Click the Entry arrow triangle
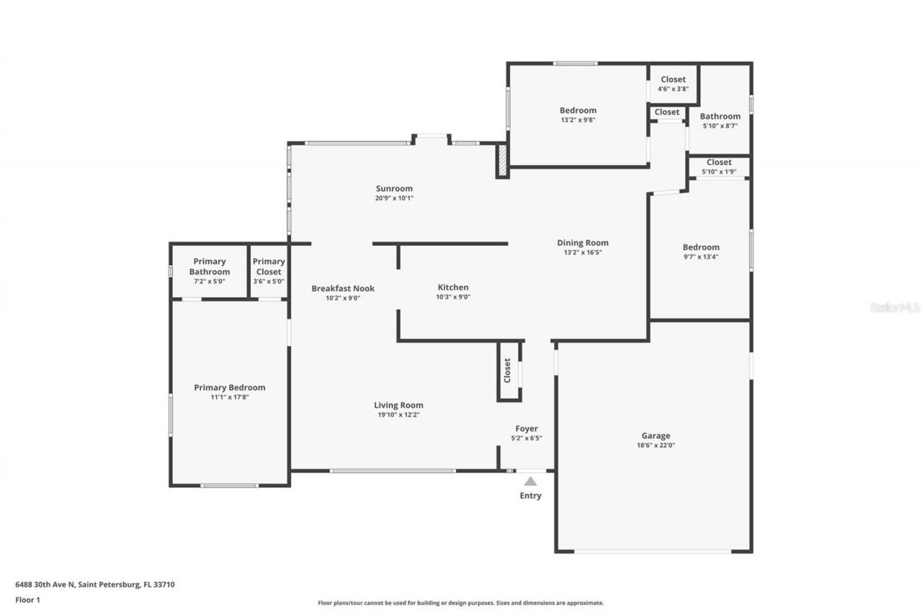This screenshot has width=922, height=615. tap(530, 481)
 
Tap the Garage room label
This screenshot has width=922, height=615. tap(655, 435)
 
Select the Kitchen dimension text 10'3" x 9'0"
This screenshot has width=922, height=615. tap(453, 297)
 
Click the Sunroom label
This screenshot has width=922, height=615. tap(394, 189)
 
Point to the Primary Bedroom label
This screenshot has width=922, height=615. tap(229, 387)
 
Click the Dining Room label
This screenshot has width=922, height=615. tap(582, 243)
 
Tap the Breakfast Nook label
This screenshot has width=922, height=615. tap(343, 288)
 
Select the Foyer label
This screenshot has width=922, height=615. tap(527, 428)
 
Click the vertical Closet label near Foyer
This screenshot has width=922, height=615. tap(507, 371)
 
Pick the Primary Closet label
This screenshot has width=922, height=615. tap(269, 267)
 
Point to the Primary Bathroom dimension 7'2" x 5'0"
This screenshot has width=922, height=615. tap(210, 281)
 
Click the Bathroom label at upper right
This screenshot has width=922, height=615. tap(720, 116)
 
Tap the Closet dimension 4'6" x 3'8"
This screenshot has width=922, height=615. tap(673, 89)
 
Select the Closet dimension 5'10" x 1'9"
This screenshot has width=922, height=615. tap(719, 172)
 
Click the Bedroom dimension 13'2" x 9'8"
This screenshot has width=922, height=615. tap(578, 120)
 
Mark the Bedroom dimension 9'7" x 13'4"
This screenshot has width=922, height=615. tap(701, 257)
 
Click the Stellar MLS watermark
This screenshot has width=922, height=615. tap(895, 307)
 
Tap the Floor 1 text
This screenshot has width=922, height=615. tap(28, 599)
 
